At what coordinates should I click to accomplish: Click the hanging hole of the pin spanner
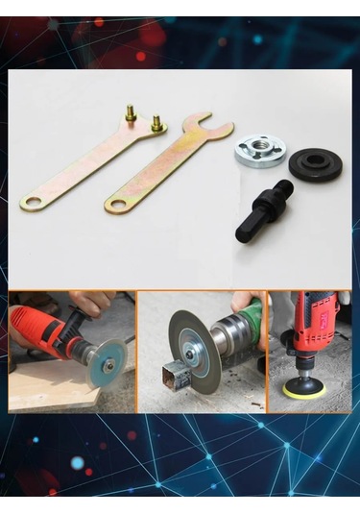32,203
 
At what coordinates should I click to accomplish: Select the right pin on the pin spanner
155,123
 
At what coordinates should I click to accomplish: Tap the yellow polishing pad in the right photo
305,389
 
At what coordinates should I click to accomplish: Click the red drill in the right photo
313,327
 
